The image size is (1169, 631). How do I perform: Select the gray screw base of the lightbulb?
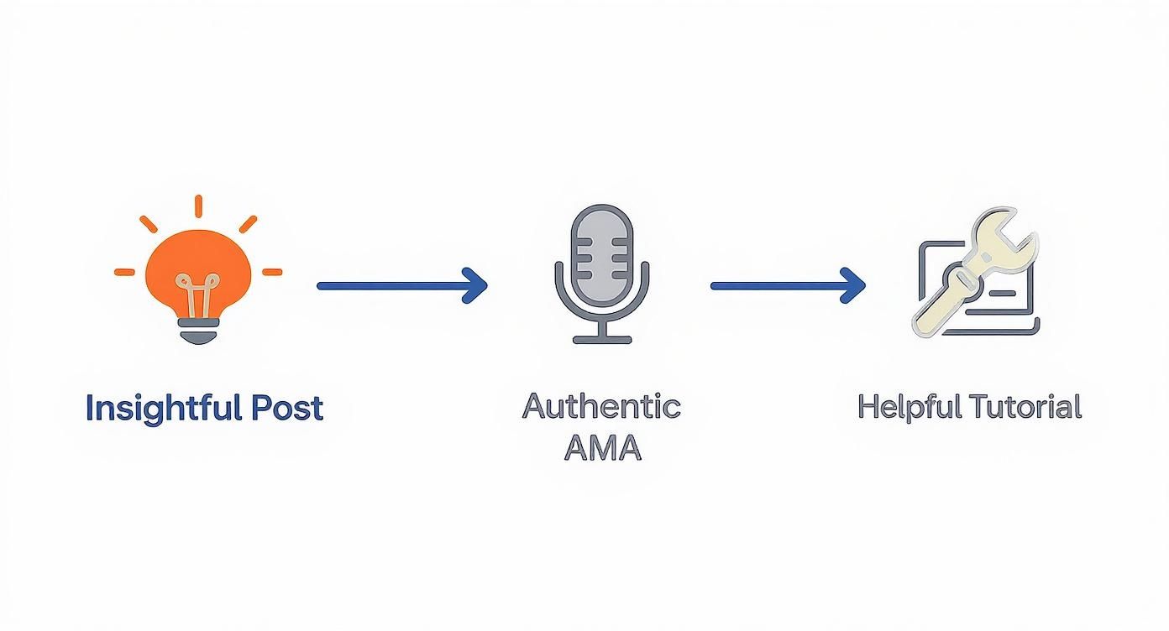pos(198,334)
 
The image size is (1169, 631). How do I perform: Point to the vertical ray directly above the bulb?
pos(199,206)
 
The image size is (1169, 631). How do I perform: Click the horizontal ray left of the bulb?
pos(124,272)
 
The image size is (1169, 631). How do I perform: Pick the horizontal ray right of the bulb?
pos(272,272)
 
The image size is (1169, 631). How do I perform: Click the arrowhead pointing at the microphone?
pos(475,285)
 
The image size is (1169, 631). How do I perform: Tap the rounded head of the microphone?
pos(601,243)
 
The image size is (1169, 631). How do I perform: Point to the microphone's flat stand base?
pos(601,340)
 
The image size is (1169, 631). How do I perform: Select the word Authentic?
pos(601,406)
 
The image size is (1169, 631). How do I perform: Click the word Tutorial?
pos(1025,407)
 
